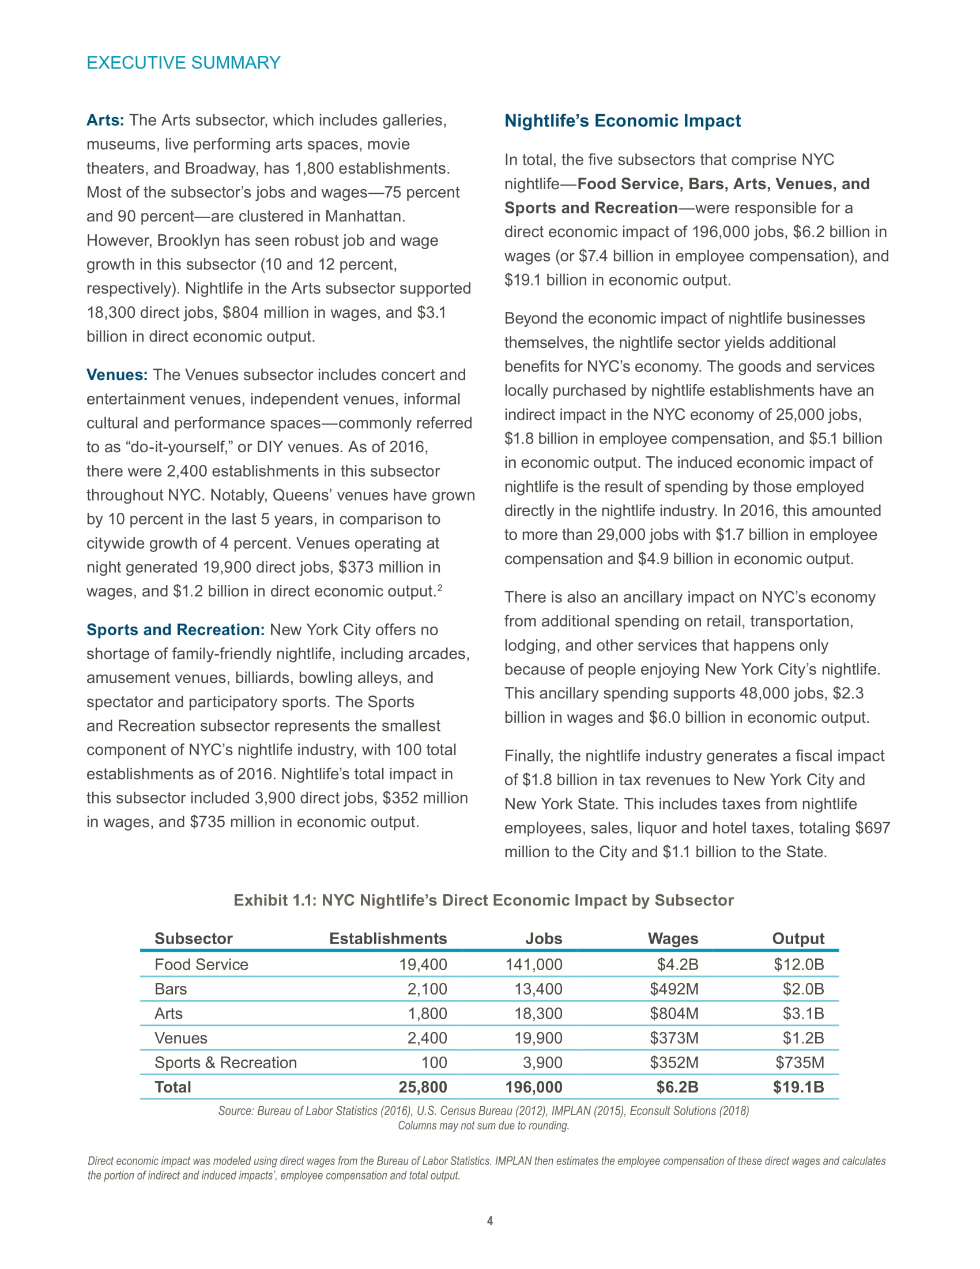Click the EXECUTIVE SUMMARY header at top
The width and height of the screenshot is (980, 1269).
point(183,63)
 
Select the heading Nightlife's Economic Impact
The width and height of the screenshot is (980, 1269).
point(622,121)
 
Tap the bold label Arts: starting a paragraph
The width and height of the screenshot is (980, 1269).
point(105,121)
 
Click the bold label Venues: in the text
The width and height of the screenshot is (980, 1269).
point(116,375)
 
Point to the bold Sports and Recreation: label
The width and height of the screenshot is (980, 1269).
point(175,630)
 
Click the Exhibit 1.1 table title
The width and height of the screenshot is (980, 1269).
point(483,900)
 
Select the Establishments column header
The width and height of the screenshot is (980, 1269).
point(388,938)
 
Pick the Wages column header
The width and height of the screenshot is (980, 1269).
point(672,938)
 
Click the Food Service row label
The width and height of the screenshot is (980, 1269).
point(201,964)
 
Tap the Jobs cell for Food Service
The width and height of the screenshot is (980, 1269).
point(534,964)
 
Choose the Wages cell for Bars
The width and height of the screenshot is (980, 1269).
point(673,989)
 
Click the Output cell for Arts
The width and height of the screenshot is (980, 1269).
point(803,1013)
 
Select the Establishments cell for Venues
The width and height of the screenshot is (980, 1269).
point(427,1038)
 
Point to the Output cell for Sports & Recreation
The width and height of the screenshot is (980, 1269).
point(800,1062)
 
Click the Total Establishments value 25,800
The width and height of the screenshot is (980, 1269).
point(423,1087)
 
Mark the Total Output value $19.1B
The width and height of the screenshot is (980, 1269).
point(798,1087)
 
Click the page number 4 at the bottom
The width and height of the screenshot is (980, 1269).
point(489,1221)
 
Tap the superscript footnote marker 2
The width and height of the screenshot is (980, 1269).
point(439,588)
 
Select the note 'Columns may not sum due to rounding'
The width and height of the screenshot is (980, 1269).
point(483,1125)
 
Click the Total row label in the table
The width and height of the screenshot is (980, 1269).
point(172,1087)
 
